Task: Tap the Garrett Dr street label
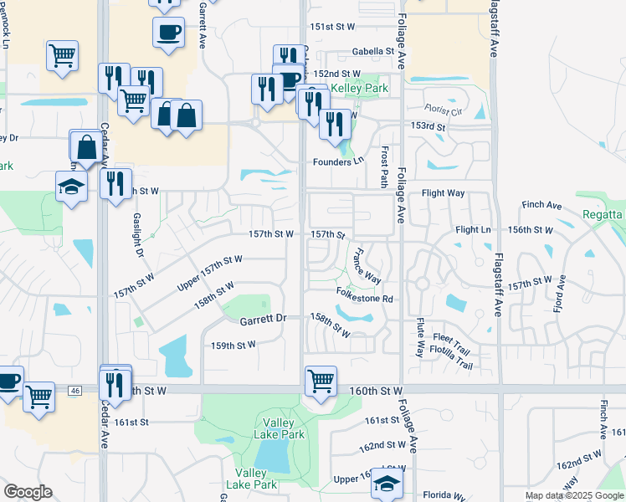(263, 319)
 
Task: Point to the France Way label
(367, 265)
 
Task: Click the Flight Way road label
(443, 193)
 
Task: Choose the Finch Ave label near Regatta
(541, 205)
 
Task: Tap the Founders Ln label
(339, 161)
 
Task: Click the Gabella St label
(372, 52)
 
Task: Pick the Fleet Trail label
(452, 337)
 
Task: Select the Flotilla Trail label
(452, 354)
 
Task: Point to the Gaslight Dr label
(138, 235)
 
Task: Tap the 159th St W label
(233, 345)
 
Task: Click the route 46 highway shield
(75, 390)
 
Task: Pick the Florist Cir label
(443, 110)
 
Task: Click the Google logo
(28, 492)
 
